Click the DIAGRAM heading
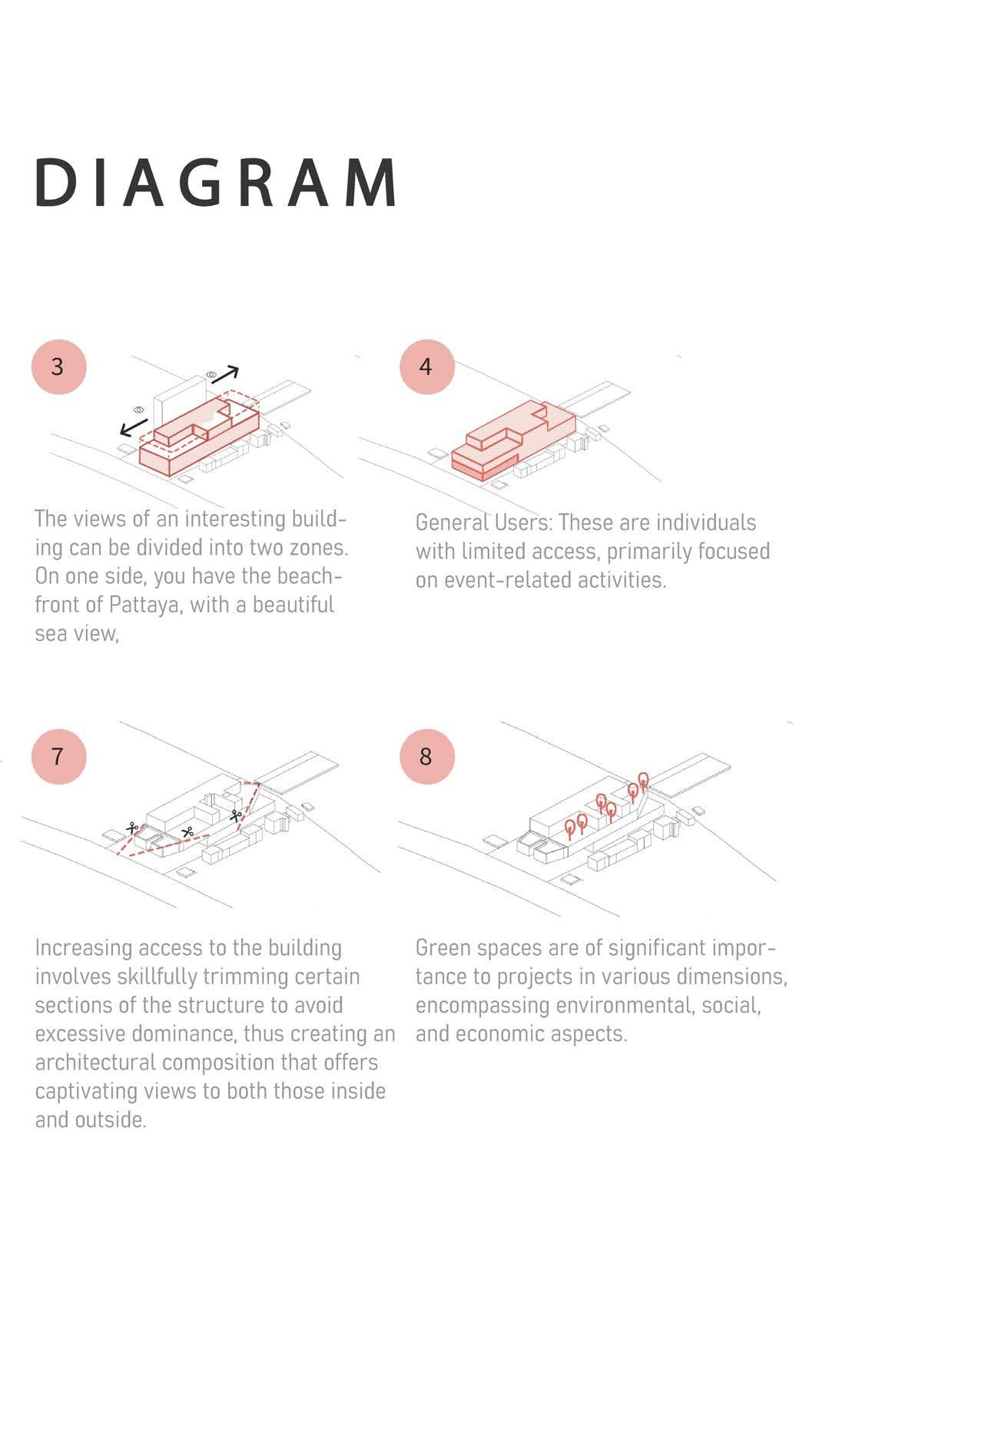tap(216, 184)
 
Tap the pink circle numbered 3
tap(58, 367)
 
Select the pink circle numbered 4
tap(427, 367)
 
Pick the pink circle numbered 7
tap(58, 757)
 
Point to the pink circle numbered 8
tap(427, 757)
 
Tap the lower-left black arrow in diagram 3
tap(134, 426)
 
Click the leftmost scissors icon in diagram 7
tap(132, 828)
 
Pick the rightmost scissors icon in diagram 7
tap(235, 815)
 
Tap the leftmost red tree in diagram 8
tap(569, 828)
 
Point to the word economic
tap(506, 1034)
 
